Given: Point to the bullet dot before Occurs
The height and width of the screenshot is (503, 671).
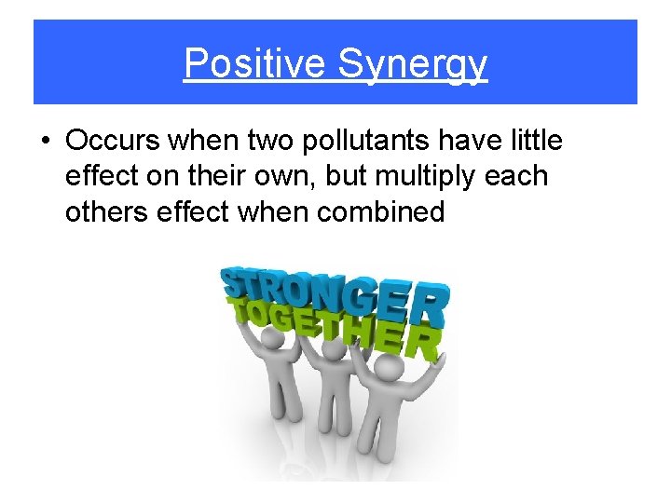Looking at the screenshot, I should click(x=44, y=142).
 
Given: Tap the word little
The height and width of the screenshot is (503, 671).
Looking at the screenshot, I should click(x=534, y=141).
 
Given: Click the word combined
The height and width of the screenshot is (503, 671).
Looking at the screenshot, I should click(x=380, y=211).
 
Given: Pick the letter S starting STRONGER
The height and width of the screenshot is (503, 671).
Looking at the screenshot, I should click(x=235, y=282).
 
